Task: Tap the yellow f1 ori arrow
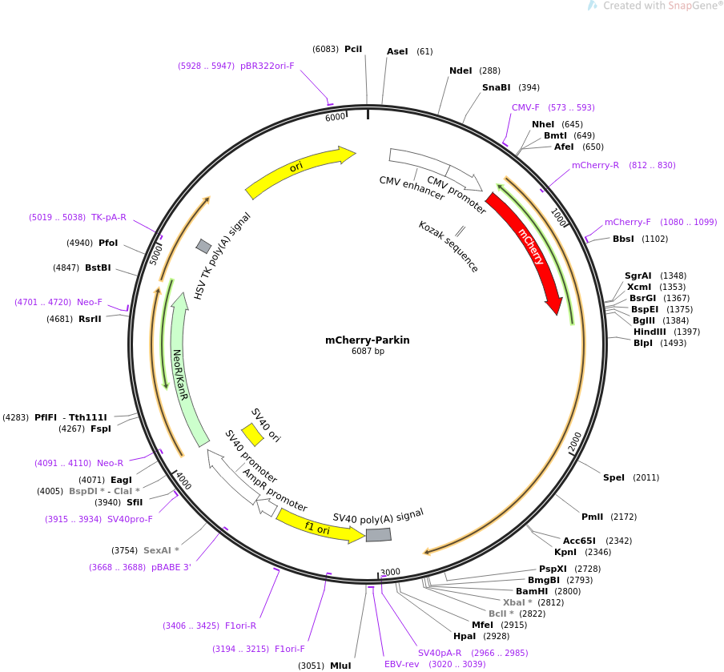(319, 526)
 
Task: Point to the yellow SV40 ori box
(252, 434)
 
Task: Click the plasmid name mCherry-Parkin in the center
(367, 340)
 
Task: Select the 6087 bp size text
(368, 352)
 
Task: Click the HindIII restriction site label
(650, 332)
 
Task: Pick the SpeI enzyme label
(613, 477)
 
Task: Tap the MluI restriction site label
(340, 666)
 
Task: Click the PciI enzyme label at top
(353, 49)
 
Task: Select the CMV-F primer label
(525, 107)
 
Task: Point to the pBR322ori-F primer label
(267, 66)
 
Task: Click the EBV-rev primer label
(401, 664)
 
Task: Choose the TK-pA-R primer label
(109, 217)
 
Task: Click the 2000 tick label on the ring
(576, 441)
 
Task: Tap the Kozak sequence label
(448, 247)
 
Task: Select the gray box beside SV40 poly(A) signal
(378, 534)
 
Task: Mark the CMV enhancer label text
(412, 188)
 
